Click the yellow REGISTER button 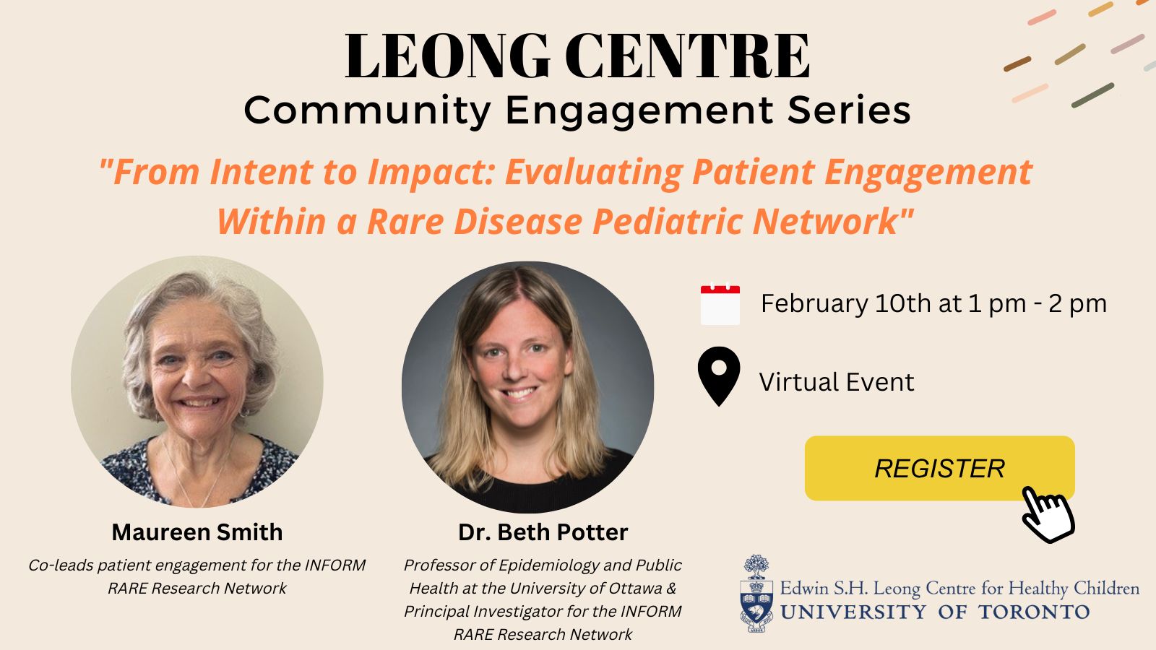[x=939, y=468]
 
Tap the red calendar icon [x=720, y=304]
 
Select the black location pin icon [x=718, y=376]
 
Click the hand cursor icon [x=1048, y=515]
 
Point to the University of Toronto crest [x=756, y=593]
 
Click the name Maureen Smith [x=197, y=532]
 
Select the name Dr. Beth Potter [x=543, y=532]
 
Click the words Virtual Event [x=837, y=382]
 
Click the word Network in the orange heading [x=833, y=221]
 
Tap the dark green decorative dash [x=1092, y=95]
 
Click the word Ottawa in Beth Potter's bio [x=635, y=588]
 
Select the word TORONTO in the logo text [x=1034, y=612]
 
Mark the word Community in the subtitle [x=368, y=111]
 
